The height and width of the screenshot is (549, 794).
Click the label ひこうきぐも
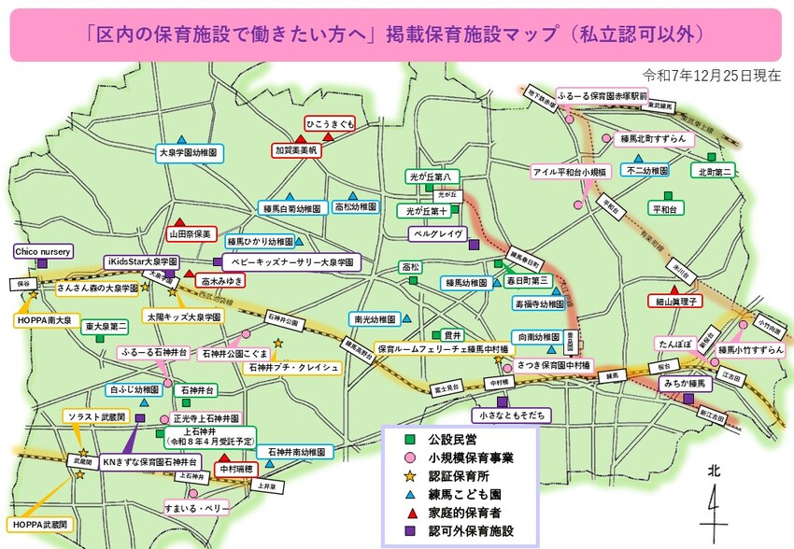(330, 123)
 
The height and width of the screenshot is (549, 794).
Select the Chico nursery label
(43, 251)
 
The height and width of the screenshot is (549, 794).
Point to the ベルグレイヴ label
(436, 233)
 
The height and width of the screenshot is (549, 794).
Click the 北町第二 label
(716, 171)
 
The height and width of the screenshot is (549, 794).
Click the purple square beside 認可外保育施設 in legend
(408, 531)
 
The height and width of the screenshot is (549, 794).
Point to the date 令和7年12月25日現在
(712, 75)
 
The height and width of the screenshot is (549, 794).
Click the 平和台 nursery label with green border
(663, 209)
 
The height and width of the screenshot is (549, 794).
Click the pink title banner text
(396, 35)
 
